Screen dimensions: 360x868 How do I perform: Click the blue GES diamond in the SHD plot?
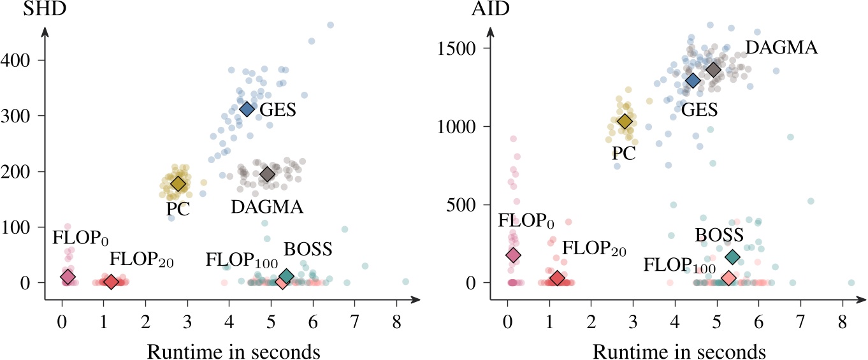coord(247,109)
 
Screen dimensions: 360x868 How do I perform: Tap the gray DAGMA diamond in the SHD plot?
coord(267,174)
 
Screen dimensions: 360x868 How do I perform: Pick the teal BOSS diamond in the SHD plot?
coord(287,276)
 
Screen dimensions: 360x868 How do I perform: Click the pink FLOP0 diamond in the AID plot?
coord(513,255)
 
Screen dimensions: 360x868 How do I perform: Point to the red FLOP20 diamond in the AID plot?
coord(557,278)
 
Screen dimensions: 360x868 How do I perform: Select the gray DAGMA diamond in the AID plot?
coord(713,69)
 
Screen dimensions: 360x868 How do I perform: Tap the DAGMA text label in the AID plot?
coord(781,47)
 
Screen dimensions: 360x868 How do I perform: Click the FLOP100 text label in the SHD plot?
coord(234,261)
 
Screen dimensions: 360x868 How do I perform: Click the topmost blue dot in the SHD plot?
coord(330,25)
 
